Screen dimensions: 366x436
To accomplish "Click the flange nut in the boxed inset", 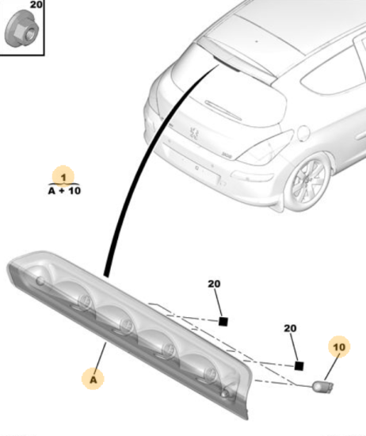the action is click(x=21, y=29).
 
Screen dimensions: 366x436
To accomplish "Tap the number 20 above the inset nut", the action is click(x=36, y=5).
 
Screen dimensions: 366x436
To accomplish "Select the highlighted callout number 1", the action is click(x=63, y=177).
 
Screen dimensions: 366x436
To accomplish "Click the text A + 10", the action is click(x=64, y=191).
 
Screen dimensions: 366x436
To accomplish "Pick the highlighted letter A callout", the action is click(x=93, y=379).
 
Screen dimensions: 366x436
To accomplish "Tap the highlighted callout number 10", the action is click(x=339, y=347).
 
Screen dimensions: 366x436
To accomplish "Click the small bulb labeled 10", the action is click(x=323, y=387).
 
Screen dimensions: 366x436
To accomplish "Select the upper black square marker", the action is click(x=223, y=321).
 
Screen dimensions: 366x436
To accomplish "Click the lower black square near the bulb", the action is click(x=299, y=366).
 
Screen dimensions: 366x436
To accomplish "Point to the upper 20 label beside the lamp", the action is click(x=214, y=284).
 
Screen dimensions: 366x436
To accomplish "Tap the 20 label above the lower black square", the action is click(x=290, y=328).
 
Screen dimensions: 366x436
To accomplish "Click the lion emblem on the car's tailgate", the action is click(x=194, y=133).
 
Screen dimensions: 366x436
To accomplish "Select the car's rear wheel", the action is click(x=308, y=182).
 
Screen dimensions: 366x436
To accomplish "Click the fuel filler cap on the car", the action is click(x=303, y=132).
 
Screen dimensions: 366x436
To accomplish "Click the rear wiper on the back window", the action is click(x=223, y=110).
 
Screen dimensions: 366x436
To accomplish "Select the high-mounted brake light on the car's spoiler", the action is click(x=227, y=63).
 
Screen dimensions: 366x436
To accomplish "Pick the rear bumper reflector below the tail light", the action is click(x=252, y=176).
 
